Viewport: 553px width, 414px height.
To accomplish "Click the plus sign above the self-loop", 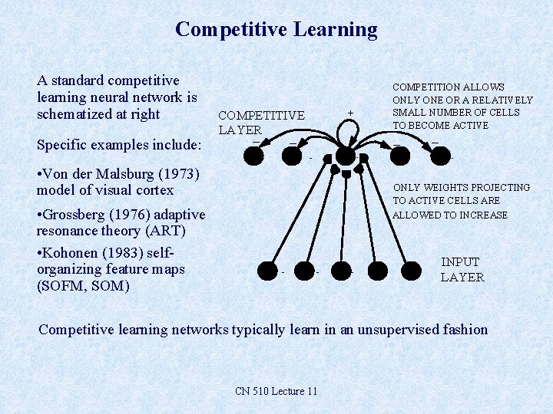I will tap(350, 113).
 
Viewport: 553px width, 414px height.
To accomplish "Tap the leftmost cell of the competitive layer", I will tap(254, 156).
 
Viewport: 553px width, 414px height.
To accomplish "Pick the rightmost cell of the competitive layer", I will tap(439, 156).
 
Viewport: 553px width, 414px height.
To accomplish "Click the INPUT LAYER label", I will tap(462, 270).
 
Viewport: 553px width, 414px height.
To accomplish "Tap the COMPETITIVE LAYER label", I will tap(261, 123).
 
